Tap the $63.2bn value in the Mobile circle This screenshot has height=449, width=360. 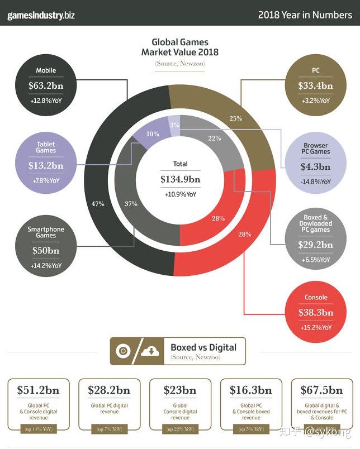(46, 86)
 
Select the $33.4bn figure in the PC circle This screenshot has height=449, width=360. (315, 86)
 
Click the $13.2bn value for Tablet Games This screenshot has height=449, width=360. (46, 165)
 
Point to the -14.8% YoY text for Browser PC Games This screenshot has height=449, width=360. (315, 181)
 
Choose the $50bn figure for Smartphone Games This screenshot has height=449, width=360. (46, 250)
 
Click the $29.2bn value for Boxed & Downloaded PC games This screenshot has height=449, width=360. (315, 245)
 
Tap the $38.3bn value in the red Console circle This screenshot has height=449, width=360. (315, 312)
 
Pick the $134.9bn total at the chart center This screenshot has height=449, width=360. (180, 179)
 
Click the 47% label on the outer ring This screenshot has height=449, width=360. (98, 204)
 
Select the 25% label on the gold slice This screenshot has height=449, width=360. (236, 118)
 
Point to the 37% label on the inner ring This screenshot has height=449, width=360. (131, 204)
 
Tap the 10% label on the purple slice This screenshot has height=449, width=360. (153, 134)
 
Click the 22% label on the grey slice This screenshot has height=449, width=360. (214, 138)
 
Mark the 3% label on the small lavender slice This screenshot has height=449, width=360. (175, 125)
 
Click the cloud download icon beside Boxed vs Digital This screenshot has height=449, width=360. (149, 351)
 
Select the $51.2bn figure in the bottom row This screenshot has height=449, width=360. (38, 390)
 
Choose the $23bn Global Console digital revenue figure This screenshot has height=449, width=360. (180, 390)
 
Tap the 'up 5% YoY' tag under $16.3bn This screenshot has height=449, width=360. (251, 429)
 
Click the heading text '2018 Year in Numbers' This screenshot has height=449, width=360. (305, 15)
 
